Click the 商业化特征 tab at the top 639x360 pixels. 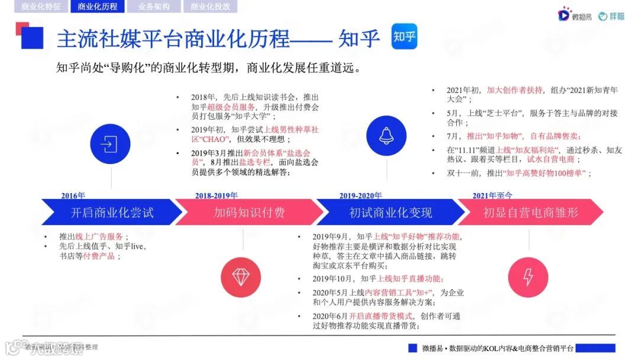[41, 7]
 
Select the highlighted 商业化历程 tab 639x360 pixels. [97, 7]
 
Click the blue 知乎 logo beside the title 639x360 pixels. [404, 37]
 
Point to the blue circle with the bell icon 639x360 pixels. [386, 136]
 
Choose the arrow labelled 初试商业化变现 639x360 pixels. [390, 212]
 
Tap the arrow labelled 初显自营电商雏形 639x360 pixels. [530, 212]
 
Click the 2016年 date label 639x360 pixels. [73, 195]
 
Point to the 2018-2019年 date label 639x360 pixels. [216, 195]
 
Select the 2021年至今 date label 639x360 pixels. [492, 195]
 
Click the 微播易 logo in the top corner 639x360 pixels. [573, 16]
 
